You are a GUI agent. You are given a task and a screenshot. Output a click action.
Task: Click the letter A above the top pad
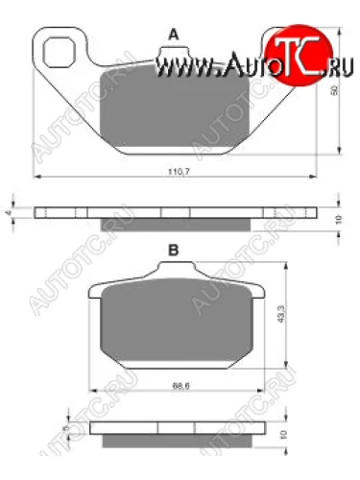click(x=173, y=35)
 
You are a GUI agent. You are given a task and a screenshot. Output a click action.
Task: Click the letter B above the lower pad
click(x=174, y=250)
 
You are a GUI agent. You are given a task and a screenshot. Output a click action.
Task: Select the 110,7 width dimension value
click(x=174, y=172)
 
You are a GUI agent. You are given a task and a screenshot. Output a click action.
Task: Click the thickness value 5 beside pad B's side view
click(x=62, y=423)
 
